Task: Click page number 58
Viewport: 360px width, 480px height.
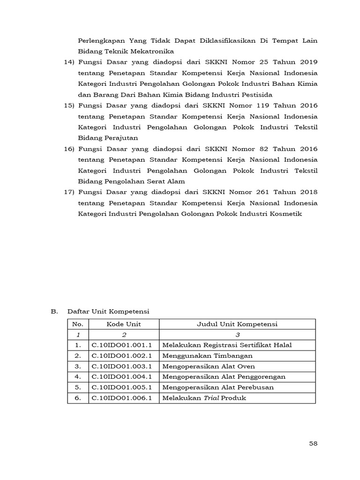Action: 313,443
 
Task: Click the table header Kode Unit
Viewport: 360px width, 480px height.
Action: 124,324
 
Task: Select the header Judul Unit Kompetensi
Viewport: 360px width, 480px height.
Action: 237,324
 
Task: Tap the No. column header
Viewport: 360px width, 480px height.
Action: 78,324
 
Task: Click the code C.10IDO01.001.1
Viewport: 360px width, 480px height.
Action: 124,345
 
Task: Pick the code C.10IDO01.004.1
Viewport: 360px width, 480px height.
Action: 124,377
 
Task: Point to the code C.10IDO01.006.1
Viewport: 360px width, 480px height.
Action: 124,398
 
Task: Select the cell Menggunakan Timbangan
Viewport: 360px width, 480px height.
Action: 208,356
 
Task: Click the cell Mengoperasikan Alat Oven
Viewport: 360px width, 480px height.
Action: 209,367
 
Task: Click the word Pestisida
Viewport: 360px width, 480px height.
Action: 256,95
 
